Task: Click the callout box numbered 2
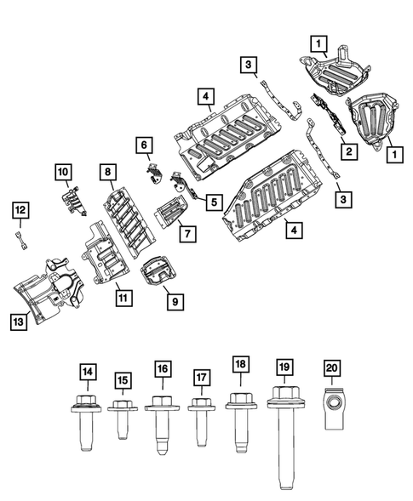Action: tap(347, 151)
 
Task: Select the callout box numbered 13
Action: tap(18, 321)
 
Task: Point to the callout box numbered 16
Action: tap(162, 369)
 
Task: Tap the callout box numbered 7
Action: tap(182, 231)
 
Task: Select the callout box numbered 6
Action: tap(144, 146)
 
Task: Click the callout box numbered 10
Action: tap(64, 173)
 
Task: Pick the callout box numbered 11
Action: tap(124, 298)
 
